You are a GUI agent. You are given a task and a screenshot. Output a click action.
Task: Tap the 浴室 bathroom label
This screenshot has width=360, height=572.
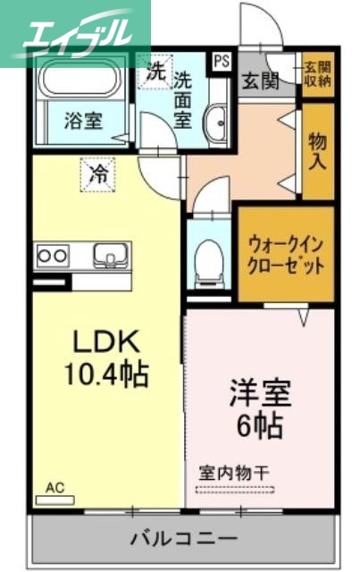click(83, 121)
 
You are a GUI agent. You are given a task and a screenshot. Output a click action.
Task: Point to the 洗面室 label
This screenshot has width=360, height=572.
click(184, 99)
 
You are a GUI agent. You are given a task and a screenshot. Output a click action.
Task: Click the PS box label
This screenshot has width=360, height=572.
click(220, 63)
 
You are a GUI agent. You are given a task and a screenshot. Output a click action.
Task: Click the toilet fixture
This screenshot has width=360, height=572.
click(207, 258)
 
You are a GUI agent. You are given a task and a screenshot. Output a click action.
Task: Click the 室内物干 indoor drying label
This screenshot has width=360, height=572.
click(233, 472)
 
